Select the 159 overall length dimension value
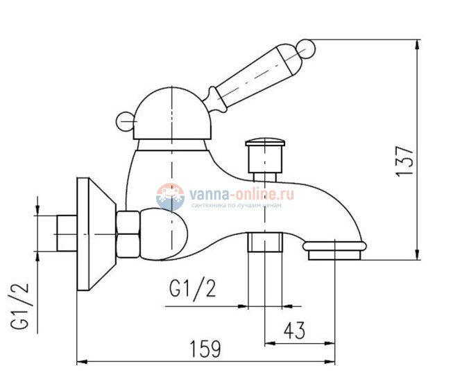click(206, 348)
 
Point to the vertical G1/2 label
click(17, 304)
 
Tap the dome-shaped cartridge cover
click(170, 114)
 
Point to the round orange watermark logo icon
click(169, 197)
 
